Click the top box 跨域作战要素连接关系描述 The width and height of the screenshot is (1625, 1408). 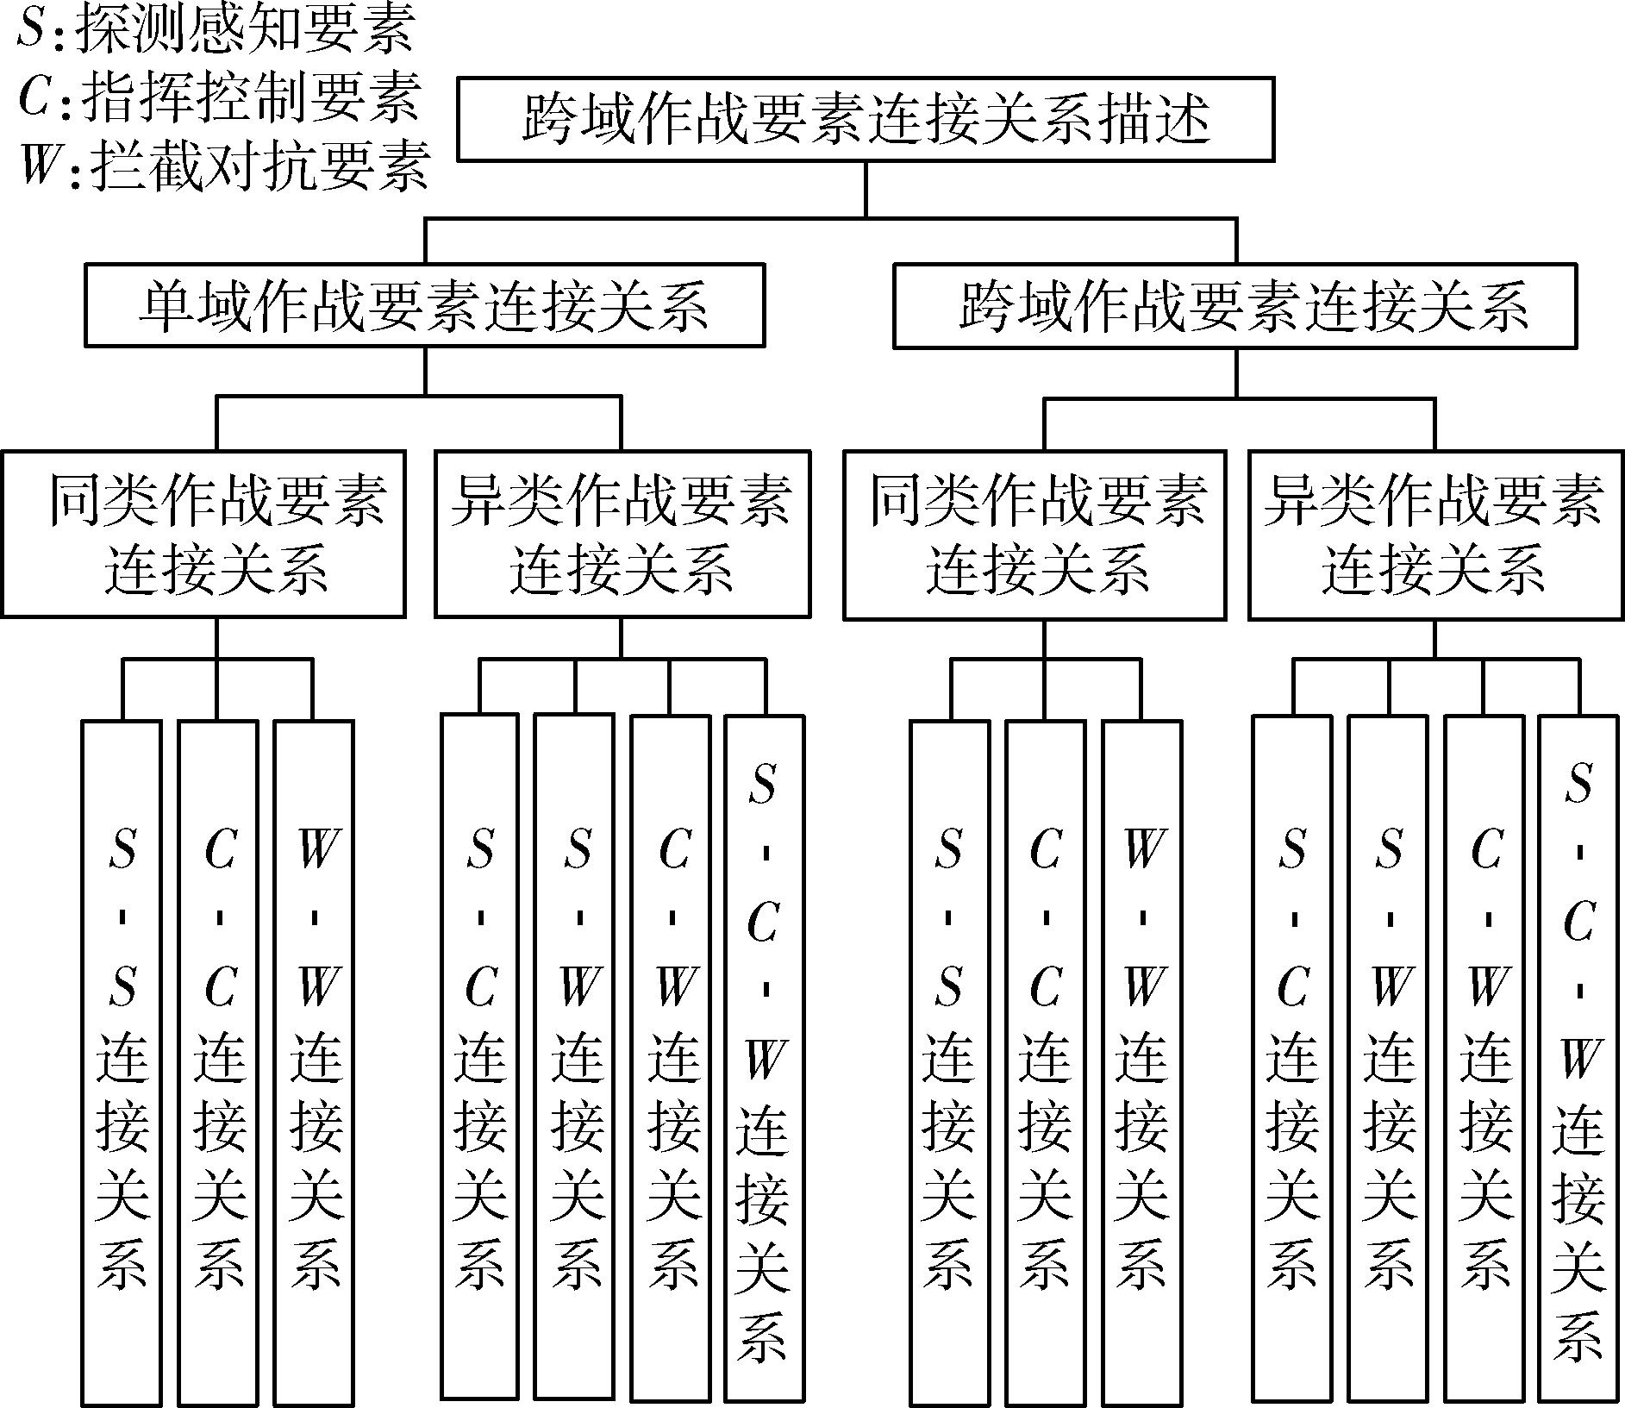click(866, 119)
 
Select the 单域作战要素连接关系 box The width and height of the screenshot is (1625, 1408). click(424, 305)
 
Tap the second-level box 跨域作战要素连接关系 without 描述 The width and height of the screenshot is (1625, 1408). click(1235, 306)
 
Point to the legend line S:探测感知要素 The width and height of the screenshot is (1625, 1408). click(216, 28)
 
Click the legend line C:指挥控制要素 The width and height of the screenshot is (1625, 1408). click(220, 96)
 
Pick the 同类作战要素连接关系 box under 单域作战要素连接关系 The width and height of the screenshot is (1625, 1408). click(203, 534)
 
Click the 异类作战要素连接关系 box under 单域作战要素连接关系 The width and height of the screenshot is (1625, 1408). click(622, 534)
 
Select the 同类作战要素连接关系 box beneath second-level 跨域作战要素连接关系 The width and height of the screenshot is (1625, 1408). click(1034, 535)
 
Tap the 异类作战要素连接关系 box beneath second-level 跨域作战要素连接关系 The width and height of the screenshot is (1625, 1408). click(1436, 535)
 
